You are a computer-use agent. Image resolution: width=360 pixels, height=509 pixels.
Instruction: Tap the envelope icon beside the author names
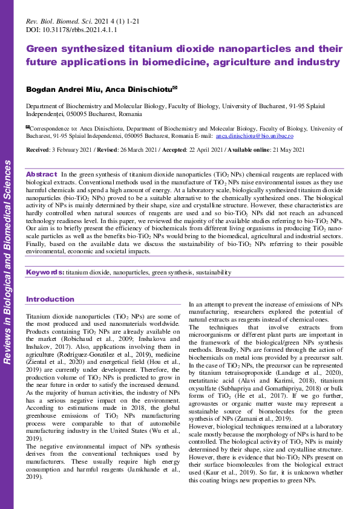pos(175,88)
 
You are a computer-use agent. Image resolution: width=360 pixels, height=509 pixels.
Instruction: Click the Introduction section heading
pos(50,299)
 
